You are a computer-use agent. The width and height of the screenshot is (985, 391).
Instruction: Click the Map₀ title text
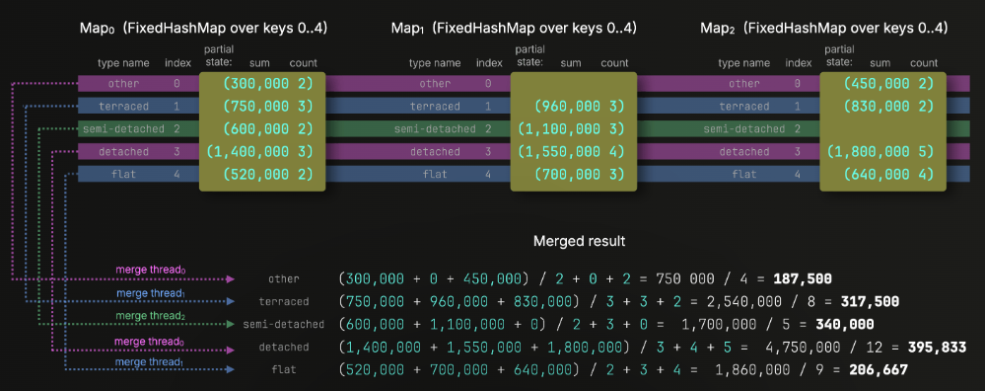(203, 29)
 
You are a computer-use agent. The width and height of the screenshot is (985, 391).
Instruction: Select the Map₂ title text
(823, 29)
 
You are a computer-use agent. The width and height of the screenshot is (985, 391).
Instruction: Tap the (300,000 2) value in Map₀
(267, 84)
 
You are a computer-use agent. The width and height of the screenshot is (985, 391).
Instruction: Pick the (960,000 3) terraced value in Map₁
(579, 107)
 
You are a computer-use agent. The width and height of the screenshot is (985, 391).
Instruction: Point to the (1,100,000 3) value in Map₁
(571, 129)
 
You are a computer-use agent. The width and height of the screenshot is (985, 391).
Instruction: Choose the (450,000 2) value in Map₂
(888, 84)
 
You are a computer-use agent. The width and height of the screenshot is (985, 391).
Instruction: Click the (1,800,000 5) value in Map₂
(880, 151)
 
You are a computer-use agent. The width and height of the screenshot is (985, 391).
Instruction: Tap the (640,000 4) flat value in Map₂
(888, 174)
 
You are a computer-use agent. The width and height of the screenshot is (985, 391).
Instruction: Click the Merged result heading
(579, 241)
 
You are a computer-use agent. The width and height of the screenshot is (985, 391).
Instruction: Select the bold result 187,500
(804, 278)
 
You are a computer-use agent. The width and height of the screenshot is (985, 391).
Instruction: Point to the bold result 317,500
(870, 301)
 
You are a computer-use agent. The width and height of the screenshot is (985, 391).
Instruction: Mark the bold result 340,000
(845, 325)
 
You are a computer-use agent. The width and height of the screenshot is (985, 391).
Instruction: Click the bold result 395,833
(936, 347)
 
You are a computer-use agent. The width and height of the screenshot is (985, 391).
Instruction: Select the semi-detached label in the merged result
(284, 325)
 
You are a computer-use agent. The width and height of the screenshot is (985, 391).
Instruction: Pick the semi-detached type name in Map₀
(123, 129)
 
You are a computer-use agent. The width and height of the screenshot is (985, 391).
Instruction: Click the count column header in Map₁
(614, 63)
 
